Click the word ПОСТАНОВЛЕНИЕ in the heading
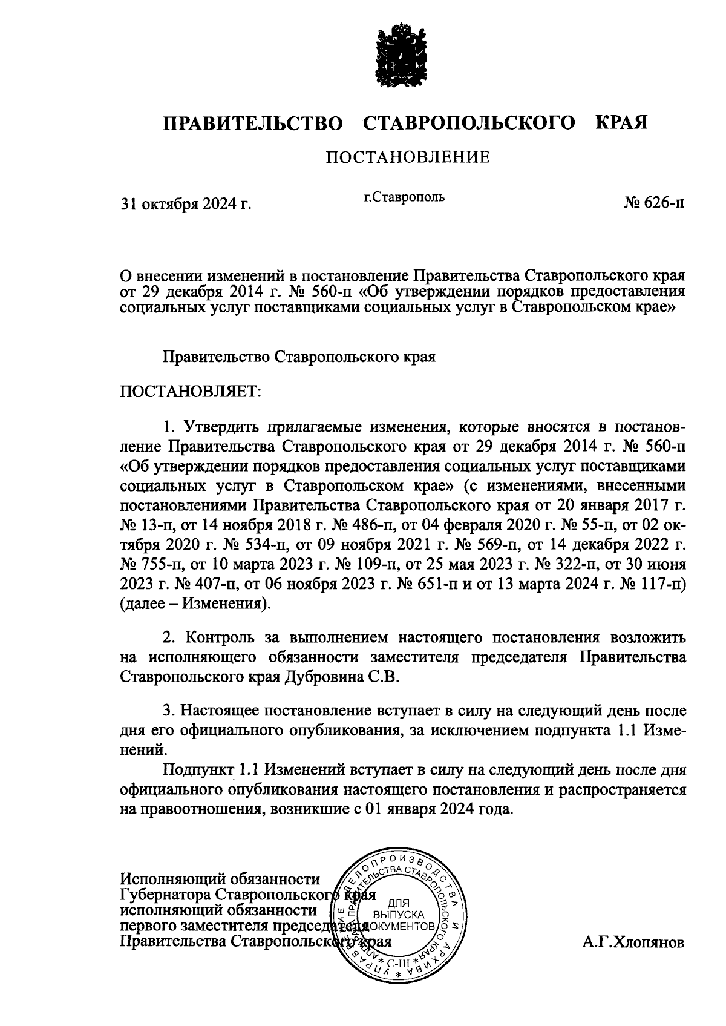coord(408,158)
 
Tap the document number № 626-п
coord(655,202)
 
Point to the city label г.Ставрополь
coord(404,197)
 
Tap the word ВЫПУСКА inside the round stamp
coord(399,915)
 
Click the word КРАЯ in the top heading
coord(622,123)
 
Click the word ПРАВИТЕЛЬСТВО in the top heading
coord(252,123)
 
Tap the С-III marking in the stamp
coord(399,962)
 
